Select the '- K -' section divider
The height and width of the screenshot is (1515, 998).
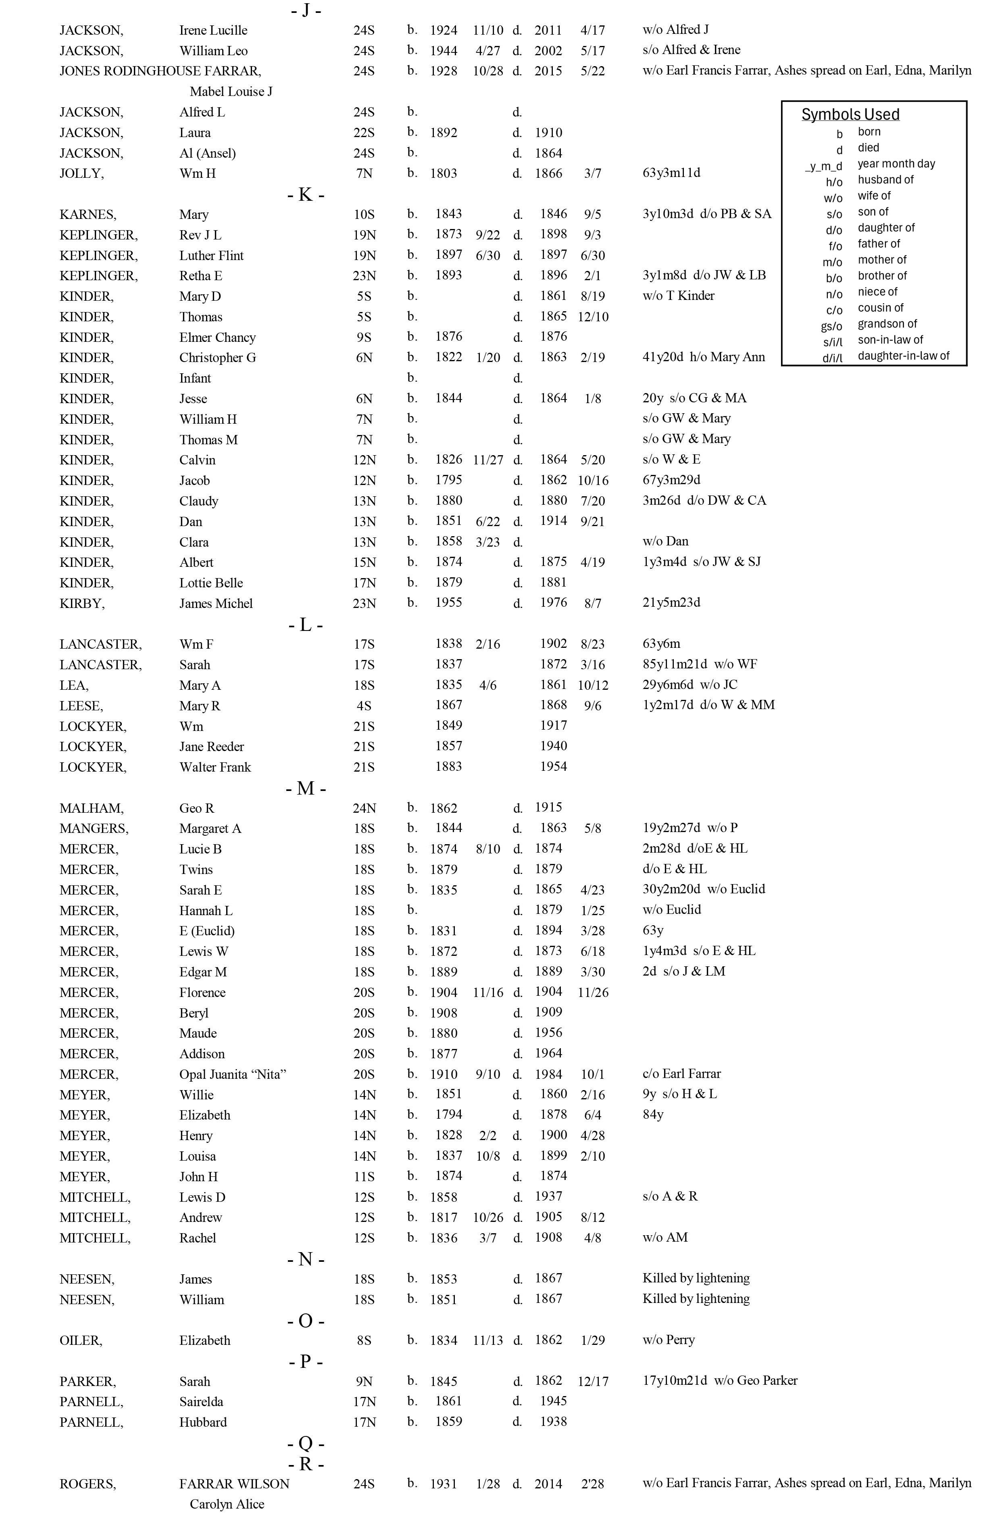[305, 194]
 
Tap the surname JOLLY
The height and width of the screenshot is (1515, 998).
[81, 173]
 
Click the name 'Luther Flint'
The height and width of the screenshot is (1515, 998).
[211, 255]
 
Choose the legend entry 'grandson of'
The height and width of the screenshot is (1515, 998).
[887, 323]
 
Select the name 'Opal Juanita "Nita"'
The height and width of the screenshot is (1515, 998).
[232, 1074]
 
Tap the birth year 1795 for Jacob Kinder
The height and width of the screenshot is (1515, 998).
[448, 480]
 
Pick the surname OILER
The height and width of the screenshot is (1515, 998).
[81, 1340]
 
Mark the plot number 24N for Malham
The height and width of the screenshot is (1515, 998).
[364, 808]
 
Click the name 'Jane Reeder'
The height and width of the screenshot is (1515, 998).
[211, 747]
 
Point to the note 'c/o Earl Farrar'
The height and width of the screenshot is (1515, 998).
[681, 1074]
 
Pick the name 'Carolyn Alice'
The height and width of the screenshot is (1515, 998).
[227, 1504]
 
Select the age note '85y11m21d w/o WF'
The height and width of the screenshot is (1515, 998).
[699, 664]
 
